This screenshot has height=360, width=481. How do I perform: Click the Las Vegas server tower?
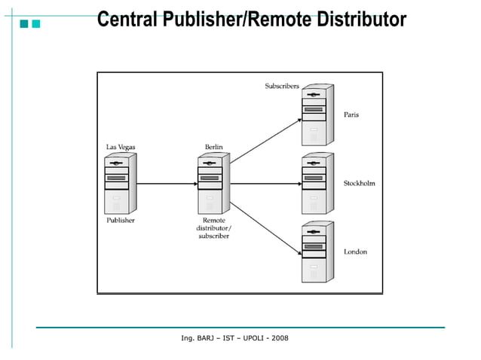tap(120, 184)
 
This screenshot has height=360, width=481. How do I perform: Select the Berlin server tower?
tap(213, 184)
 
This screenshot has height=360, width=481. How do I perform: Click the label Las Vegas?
tap(121, 147)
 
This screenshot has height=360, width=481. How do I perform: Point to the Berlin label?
tap(213, 147)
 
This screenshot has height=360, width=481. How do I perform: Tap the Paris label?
tap(351, 115)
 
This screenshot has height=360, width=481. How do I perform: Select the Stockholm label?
tap(360, 184)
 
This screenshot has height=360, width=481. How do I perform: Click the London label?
tap(355, 252)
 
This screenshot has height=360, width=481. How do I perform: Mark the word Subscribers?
tap(282, 86)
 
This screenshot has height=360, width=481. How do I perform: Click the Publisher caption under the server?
tap(121, 221)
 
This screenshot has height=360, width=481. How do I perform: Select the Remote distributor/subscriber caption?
tap(213, 228)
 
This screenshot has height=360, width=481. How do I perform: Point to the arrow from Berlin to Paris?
tap(264, 139)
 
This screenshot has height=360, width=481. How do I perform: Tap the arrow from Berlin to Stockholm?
tap(264, 184)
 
